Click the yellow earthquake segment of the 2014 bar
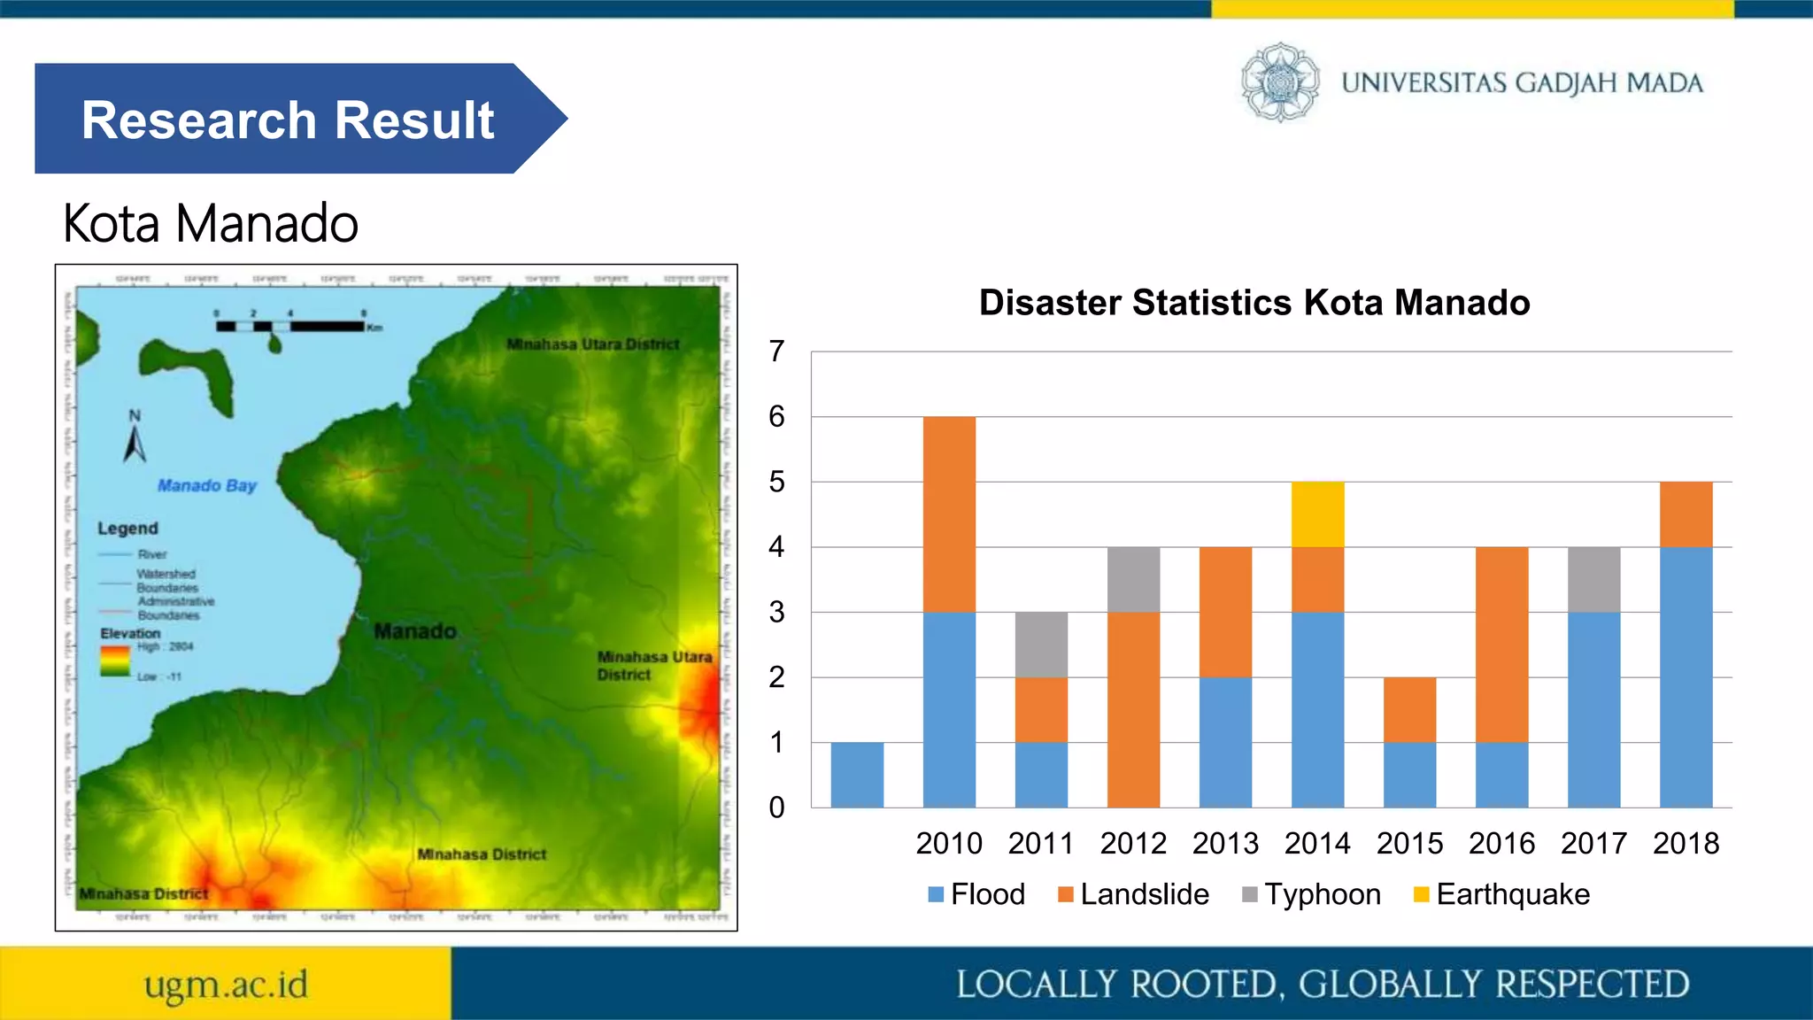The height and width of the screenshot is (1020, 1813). [1317, 514]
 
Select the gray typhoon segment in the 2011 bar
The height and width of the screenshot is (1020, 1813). [1041, 645]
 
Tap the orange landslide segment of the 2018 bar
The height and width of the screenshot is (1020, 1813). [1686, 514]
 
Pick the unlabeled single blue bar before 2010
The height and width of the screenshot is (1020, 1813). [857, 775]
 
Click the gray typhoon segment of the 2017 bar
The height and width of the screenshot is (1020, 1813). [1593, 580]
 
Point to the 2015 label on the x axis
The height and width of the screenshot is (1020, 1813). [1409, 843]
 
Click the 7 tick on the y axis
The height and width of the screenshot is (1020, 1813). [776, 352]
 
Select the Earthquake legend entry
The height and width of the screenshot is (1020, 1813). [1502, 894]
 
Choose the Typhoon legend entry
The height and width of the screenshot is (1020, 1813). [1312, 894]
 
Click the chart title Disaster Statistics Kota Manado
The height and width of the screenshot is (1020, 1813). [1254, 303]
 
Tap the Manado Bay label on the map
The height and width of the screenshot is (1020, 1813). [206, 485]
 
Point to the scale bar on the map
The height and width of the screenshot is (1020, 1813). [292, 326]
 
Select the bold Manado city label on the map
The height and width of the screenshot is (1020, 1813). [414, 631]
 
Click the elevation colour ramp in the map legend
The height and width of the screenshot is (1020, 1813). [115, 661]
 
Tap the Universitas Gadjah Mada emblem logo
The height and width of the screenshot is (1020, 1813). [1280, 82]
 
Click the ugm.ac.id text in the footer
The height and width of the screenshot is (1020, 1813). [226, 985]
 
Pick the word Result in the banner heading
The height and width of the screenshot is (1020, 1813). [414, 120]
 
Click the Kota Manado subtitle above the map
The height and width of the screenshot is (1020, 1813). [211, 223]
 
